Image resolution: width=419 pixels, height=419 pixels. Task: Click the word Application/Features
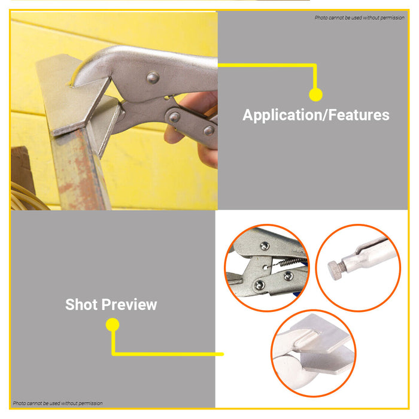pyautogui.click(x=315, y=115)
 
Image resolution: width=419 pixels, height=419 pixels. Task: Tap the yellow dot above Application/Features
pyautogui.click(x=316, y=95)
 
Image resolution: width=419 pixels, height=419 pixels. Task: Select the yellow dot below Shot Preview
pyautogui.click(x=112, y=325)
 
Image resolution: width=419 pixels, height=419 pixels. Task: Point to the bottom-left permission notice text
pyautogui.click(x=57, y=403)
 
